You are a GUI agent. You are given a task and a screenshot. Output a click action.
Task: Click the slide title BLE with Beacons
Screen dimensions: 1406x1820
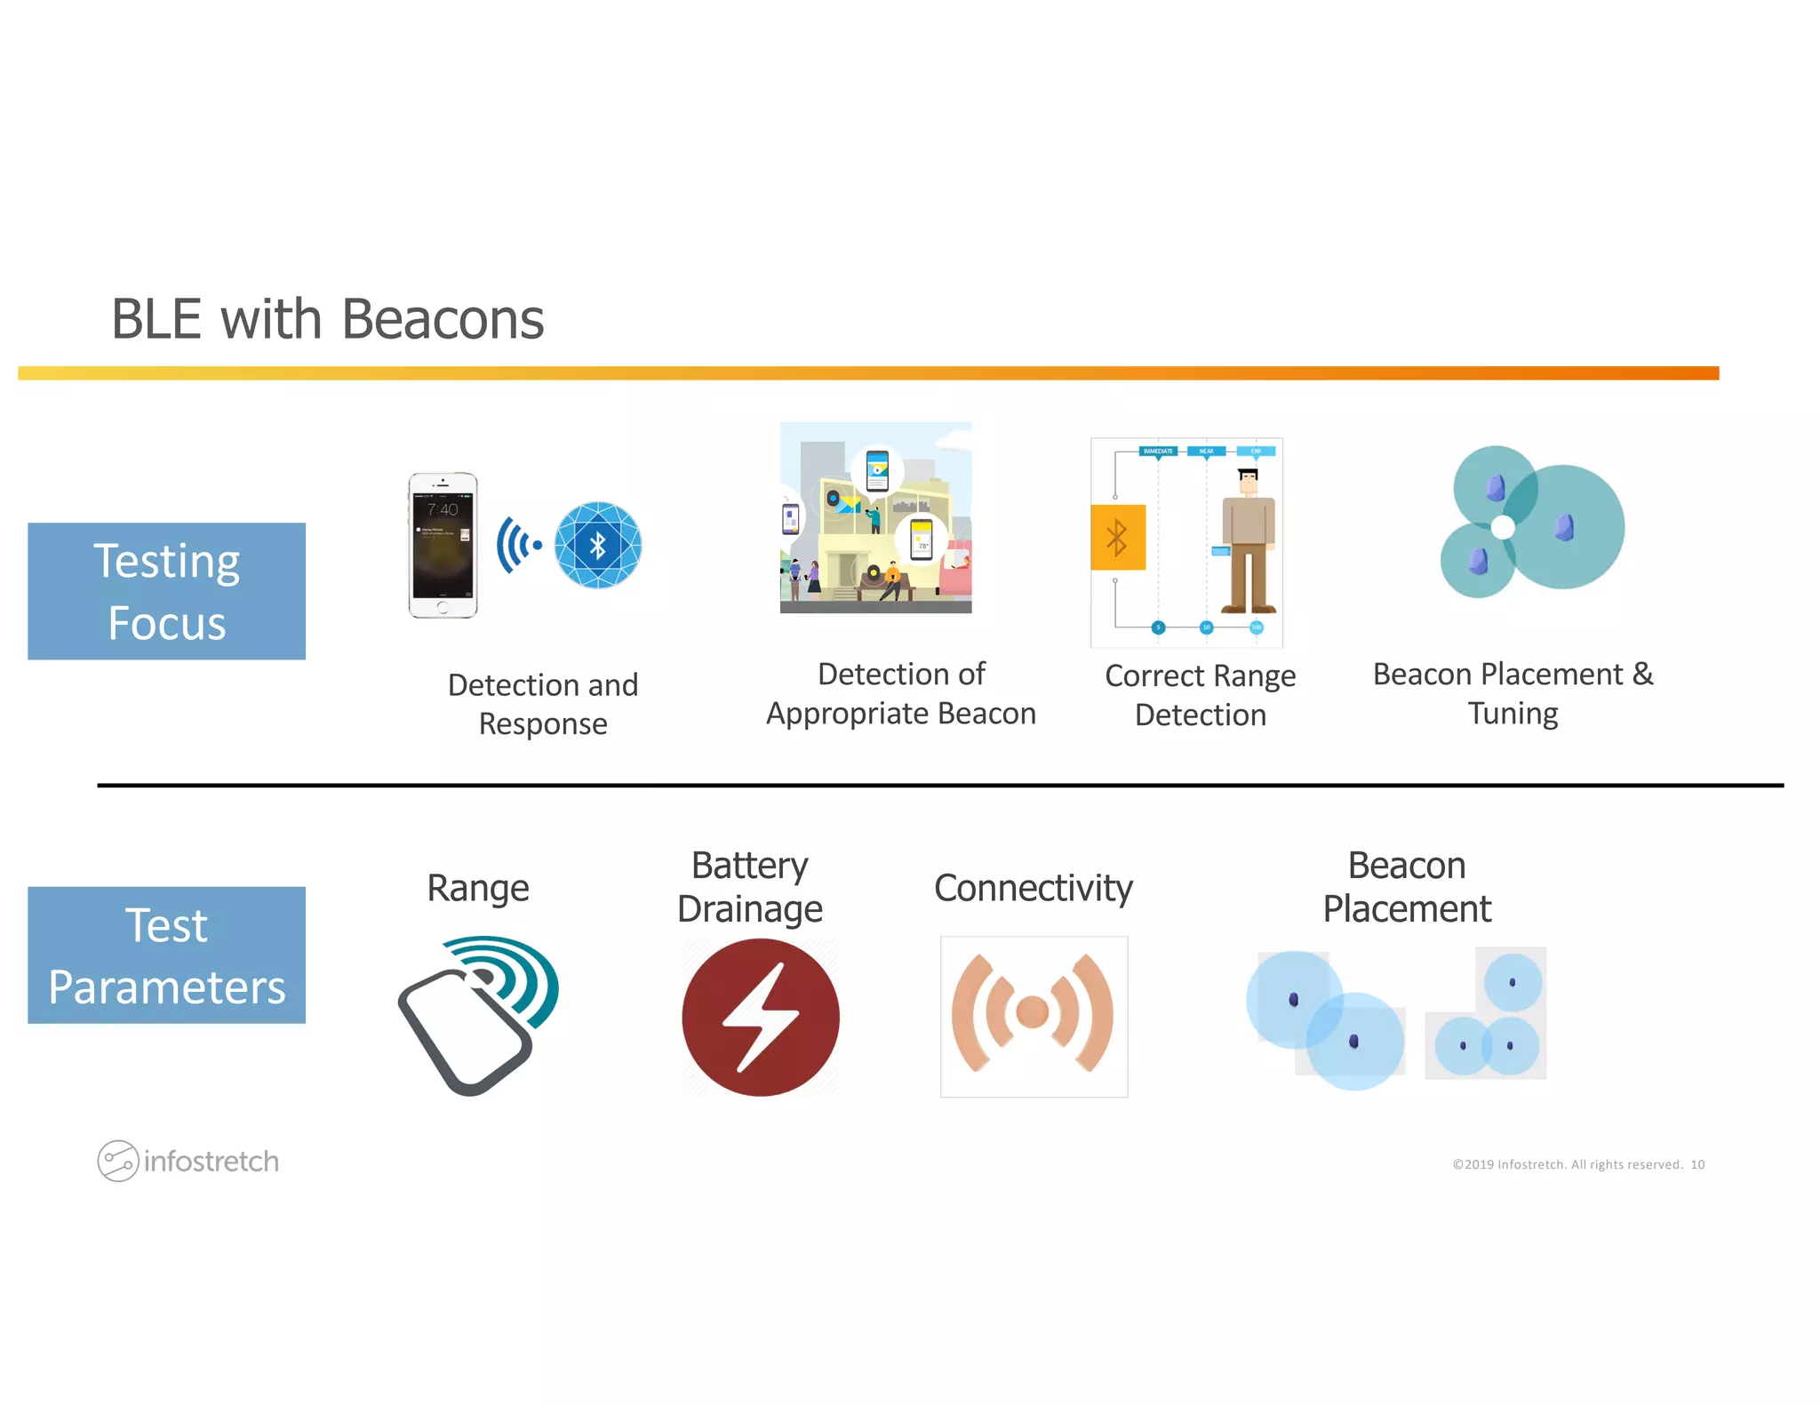pos(327,319)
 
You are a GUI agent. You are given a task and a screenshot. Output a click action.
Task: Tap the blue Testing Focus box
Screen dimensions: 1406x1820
pos(166,591)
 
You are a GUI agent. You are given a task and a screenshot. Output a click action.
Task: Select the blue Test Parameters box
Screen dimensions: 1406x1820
pos(166,955)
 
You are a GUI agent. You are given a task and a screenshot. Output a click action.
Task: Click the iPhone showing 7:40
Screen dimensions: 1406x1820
pos(443,545)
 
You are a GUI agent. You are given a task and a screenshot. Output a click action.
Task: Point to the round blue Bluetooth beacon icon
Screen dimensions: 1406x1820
pos(597,545)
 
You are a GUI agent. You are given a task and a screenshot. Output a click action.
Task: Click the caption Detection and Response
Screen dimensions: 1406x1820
pos(543,704)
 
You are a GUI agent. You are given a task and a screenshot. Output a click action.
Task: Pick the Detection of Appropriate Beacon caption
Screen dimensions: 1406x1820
pos(900,693)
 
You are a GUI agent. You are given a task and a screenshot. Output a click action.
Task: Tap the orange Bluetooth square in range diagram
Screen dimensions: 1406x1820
pos(1117,537)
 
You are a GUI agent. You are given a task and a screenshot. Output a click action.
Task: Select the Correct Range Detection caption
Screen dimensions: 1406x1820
pos(1200,695)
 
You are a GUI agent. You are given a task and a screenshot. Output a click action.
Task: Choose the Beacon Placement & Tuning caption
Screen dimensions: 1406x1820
pos(1513,693)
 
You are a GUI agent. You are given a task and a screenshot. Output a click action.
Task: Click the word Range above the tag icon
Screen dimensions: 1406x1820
pos(478,888)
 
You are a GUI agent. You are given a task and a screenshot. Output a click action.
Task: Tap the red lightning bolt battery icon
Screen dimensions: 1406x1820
pos(761,1018)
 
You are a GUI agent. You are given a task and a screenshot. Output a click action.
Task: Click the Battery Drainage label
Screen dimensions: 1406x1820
pos(750,887)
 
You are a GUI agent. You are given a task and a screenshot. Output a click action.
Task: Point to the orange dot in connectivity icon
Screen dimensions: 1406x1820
pos(1033,1011)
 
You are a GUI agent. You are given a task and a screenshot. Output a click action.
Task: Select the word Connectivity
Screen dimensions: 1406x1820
pos(1033,888)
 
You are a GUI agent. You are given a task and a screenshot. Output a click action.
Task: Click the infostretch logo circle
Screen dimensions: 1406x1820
pos(117,1161)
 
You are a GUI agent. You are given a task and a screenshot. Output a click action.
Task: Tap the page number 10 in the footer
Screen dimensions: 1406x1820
pos(1697,1164)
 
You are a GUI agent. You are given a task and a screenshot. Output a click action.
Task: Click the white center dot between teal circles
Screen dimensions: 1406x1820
pos(1503,527)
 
